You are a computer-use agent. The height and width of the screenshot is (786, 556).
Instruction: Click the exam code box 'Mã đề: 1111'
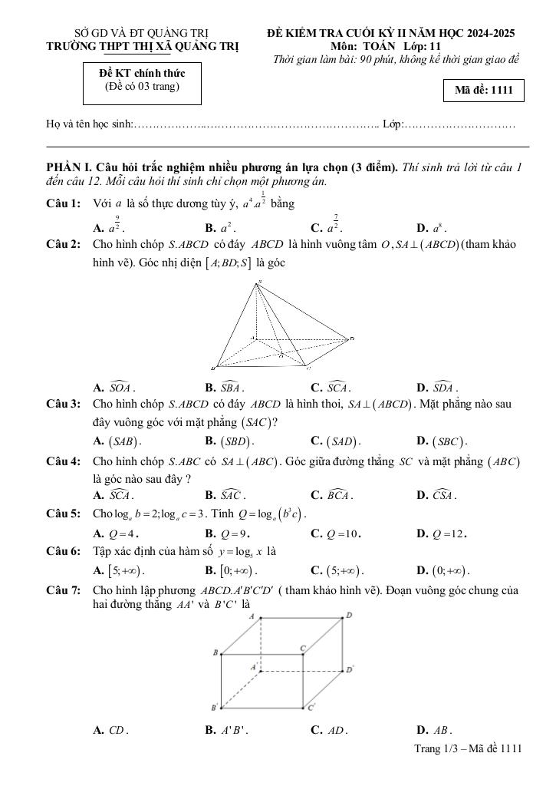[483, 91]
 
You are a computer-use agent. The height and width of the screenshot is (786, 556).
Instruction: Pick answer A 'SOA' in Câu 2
[114, 388]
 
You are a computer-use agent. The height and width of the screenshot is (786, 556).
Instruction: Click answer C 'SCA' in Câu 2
[331, 388]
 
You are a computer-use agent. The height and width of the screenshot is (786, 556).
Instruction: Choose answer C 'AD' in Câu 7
[329, 731]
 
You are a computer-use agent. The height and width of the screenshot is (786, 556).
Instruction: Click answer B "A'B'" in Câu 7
[224, 731]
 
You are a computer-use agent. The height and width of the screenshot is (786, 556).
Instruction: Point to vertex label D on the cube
[349, 615]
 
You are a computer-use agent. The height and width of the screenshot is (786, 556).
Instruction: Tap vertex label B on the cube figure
[215, 652]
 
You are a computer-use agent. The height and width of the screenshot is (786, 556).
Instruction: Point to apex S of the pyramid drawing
[259, 282]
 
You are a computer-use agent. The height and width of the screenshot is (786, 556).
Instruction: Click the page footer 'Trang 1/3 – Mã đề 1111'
[468, 748]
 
